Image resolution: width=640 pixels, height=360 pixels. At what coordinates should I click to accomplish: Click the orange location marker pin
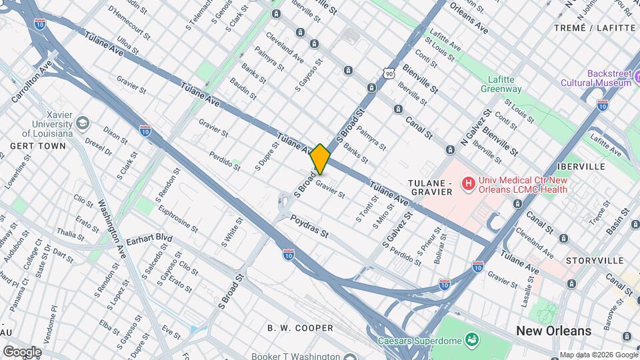(x=320, y=159)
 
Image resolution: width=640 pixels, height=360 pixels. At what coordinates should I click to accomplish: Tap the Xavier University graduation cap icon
(x=83, y=123)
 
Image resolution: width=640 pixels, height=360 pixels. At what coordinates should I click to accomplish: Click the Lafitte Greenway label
(x=503, y=83)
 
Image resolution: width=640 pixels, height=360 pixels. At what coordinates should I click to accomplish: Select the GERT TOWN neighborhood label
(x=37, y=145)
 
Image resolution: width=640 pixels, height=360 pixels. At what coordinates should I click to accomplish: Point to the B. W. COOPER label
(x=300, y=328)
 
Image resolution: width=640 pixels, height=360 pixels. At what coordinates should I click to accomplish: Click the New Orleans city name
(x=553, y=331)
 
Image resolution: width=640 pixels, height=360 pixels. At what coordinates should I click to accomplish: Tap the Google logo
(x=22, y=351)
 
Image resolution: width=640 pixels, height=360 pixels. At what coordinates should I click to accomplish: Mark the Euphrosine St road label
(x=177, y=218)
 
